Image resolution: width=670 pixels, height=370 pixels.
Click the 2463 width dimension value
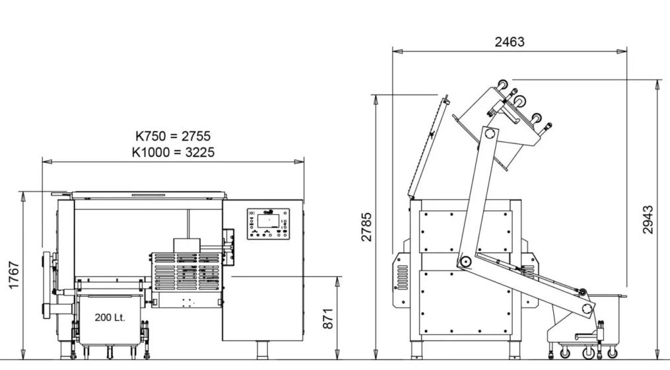510,42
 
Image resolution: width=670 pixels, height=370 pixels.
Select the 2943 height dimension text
648,220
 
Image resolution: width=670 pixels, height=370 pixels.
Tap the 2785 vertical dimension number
366,227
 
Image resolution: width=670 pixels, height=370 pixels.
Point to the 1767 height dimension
14,275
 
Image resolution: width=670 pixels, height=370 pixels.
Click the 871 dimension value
327,318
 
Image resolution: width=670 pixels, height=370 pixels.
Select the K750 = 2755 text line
173,136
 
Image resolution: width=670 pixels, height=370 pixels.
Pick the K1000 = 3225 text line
173,152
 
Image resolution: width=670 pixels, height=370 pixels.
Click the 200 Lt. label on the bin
110,317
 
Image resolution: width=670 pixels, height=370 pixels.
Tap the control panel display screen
268,221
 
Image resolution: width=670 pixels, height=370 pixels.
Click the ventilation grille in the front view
187,272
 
